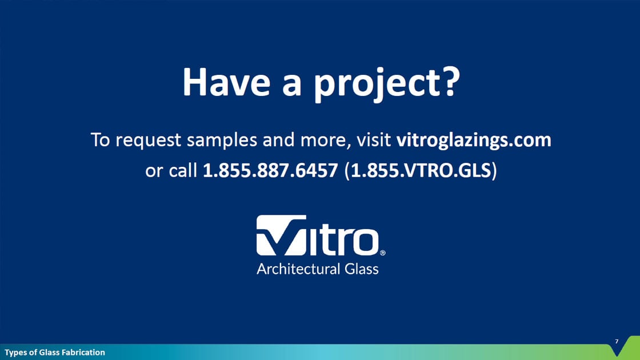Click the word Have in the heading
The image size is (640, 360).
tap(226, 82)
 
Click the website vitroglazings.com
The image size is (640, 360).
tap(474, 140)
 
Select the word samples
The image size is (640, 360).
tap(222, 140)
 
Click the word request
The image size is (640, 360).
tap(148, 141)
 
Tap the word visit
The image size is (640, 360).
tap(374, 139)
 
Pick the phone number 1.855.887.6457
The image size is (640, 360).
tap(270, 170)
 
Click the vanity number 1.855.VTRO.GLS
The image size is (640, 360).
tap(421, 170)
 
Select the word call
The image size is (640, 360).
tap(183, 170)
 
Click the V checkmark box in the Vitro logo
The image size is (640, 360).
tap(281, 235)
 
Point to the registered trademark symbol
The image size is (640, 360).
tap(382, 253)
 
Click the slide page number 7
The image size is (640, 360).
tap(617, 341)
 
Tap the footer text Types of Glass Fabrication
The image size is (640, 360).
tap(55, 352)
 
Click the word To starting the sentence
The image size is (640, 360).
tap(101, 139)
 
